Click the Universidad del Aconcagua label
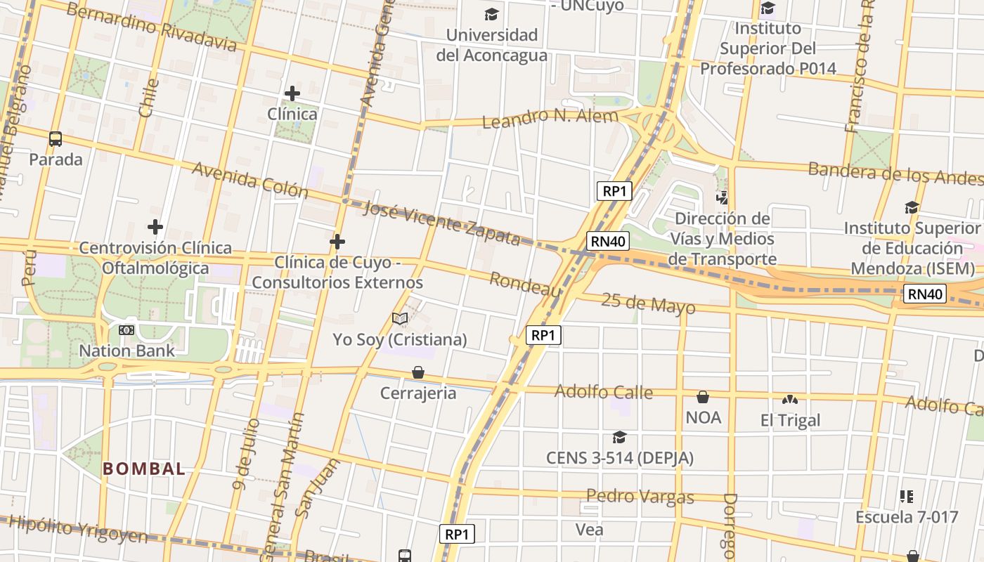pyautogui.click(x=491, y=45)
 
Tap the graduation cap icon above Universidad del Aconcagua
pyautogui.click(x=491, y=14)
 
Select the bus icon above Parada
pyautogui.click(x=56, y=138)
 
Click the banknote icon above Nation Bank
pyautogui.click(x=127, y=329)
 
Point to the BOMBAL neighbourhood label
pyautogui.click(x=144, y=469)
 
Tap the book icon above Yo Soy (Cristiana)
pyautogui.click(x=400, y=319)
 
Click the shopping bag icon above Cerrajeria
pyautogui.click(x=418, y=372)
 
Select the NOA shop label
pyautogui.click(x=703, y=417)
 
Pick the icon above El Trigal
pyautogui.click(x=790, y=400)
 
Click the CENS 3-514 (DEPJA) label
pyautogui.click(x=619, y=458)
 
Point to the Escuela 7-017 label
pyautogui.click(x=906, y=517)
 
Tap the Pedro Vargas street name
pyautogui.click(x=640, y=497)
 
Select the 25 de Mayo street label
pyautogui.click(x=649, y=303)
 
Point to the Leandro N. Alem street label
pyautogui.click(x=550, y=118)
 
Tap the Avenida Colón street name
pyautogui.click(x=250, y=179)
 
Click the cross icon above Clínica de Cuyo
pyautogui.click(x=337, y=242)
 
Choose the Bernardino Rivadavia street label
pyautogui.click(x=151, y=27)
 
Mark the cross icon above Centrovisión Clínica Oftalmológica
pyautogui.click(x=155, y=227)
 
